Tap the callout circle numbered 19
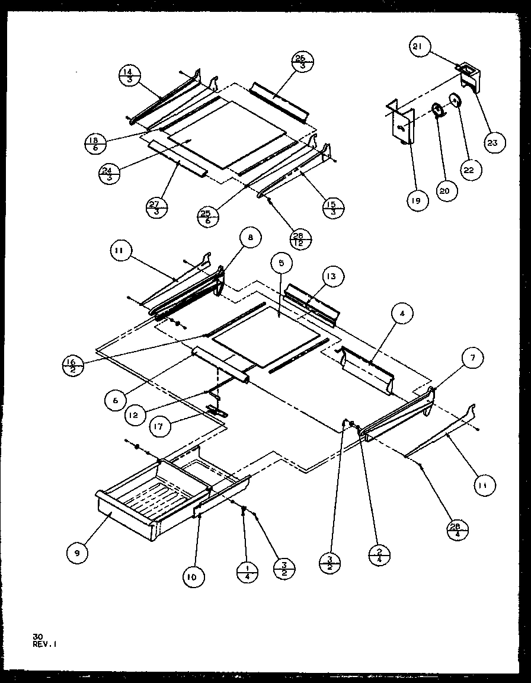tap(417, 201)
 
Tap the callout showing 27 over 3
tap(157, 208)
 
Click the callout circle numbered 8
tap(250, 238)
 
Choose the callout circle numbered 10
tap(194, 576)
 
